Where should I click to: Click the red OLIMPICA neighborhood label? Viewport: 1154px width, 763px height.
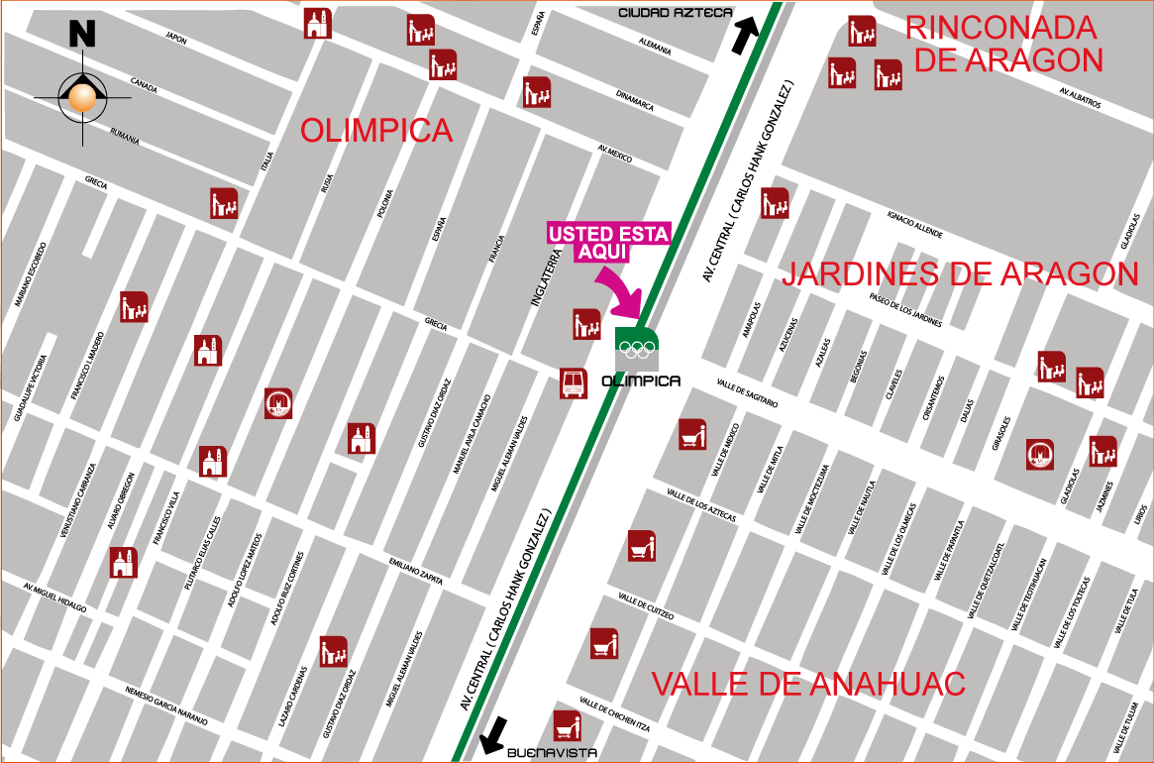point(376,130)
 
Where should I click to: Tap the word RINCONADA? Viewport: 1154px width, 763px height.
point(1000,27)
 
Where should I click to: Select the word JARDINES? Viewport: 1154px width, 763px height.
point(862,273)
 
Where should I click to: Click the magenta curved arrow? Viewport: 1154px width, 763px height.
point(621,288)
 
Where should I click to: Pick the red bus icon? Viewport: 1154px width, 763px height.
point(574,383)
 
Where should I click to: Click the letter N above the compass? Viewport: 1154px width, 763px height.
point(82,35)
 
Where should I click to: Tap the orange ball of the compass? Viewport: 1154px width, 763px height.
point(82,97)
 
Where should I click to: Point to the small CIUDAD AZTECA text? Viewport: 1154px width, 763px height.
point(677,12)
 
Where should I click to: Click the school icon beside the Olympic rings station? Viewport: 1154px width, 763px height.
point(586,324)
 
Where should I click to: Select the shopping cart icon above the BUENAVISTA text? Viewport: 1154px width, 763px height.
point(567,725)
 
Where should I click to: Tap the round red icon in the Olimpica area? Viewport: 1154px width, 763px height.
point(278,403)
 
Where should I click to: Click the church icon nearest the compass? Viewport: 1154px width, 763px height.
point(207,350)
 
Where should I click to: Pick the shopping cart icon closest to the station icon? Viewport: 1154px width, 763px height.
point(692,434)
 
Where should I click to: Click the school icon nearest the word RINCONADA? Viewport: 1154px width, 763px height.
point(862,31)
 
